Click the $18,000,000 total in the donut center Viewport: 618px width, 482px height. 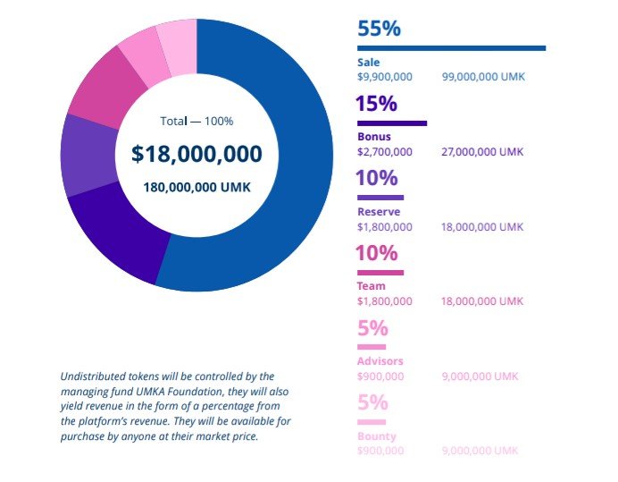(x=196, y=154)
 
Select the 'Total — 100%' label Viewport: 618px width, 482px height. (x=196, y=121)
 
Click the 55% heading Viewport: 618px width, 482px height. (x=379, y=28)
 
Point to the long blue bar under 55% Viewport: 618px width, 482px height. (x=451, y=48)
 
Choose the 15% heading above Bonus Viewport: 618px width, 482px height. (x=377, y=104)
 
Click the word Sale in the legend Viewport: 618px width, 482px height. (x=368, y=63)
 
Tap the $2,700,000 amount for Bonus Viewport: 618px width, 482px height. (x=385, y=152)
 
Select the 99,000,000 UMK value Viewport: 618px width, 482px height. (x=483, y=77)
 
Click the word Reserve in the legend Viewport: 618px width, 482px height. (x=379, y=212)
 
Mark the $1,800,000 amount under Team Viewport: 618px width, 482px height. (x=385, y=301)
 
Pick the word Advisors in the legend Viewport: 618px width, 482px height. (x=380, y=361)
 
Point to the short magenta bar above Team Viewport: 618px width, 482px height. (x=380, y=272)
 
